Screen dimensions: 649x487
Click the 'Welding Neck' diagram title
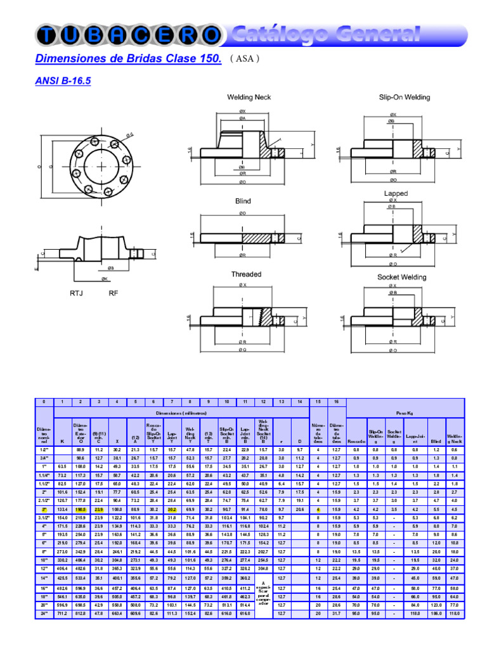[x=249, y=97]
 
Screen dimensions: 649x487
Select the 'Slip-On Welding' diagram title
[x=405, y=97]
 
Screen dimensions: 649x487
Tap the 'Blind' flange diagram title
[x=243, y=201]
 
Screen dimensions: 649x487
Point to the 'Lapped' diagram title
[x=396, y=193]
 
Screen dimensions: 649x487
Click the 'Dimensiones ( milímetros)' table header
[x=181, y=412]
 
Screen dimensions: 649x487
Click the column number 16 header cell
[x=337, y=402]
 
